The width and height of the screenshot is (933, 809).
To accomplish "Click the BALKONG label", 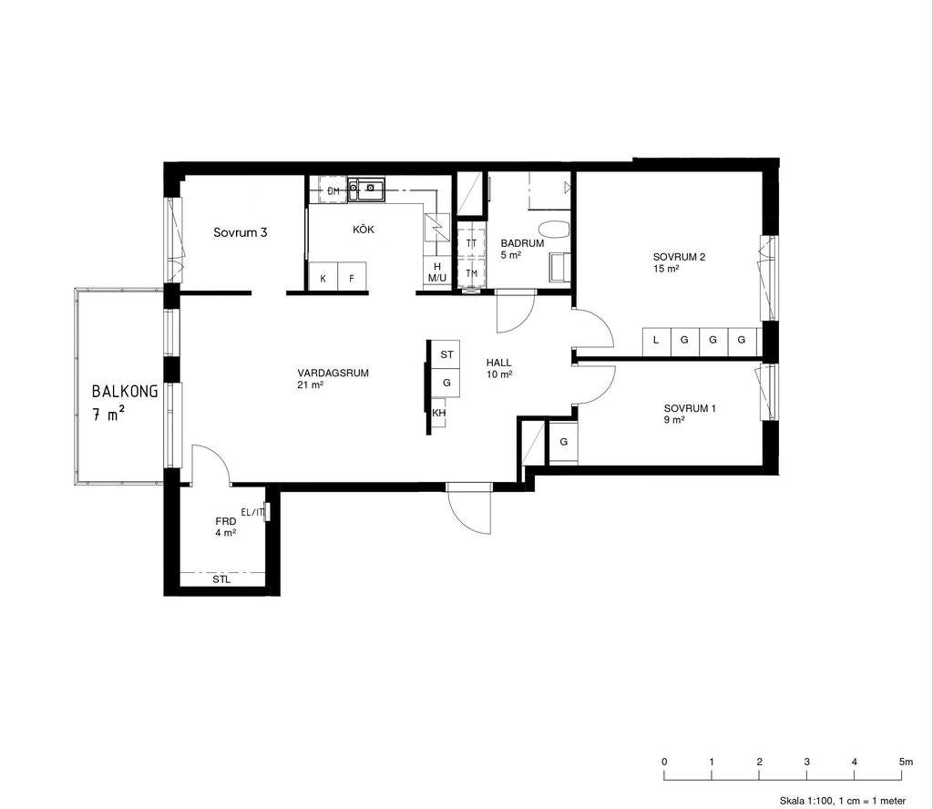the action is click(x=125, y=391).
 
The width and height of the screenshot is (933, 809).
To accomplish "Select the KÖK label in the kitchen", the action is click(x=364, y=230).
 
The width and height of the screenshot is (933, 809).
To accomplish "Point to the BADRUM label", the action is click(x=522, y=243).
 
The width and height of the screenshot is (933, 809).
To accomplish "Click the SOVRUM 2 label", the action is click(x=679, y=257).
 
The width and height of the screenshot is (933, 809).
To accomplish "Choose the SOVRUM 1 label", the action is click(x=691, y=409).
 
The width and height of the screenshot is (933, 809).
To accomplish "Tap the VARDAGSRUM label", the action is click(x=333, y=374).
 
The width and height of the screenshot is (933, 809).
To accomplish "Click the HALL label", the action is click(x=498, y=363).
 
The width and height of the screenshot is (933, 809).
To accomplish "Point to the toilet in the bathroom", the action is click(x=553, y=230).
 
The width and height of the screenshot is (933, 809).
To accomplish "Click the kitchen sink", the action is click(x=366, y=189).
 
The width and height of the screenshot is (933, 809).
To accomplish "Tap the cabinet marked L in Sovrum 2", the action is click(x=657, y=342).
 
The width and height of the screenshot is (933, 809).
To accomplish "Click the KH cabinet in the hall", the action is click(x=438, y=414).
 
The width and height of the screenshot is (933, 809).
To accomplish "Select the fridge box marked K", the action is click(x=323, y=277).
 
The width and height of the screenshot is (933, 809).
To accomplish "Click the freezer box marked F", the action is click(x=352, y=277).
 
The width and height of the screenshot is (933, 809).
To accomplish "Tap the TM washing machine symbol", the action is click(x=472, y=273).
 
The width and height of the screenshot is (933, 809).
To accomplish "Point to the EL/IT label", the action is click(x=252, y=512).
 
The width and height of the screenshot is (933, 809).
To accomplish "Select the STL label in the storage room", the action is click(x=222, y=579).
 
